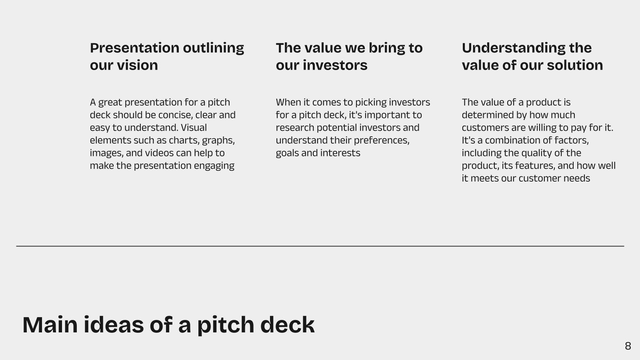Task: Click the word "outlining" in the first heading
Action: pos(214,48)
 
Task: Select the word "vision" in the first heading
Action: pos(138,65)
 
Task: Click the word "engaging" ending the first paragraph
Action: pos(214,166)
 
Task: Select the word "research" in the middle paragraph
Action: pos(295,128)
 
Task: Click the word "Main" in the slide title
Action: pos(50,325)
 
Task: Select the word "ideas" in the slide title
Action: pos(114,325)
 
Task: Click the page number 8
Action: pos(628,346)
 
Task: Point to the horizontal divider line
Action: pos(320,246)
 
